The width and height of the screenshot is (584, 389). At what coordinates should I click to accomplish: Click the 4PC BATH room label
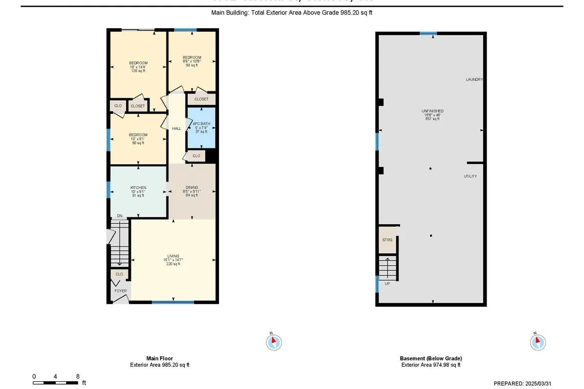coord(201,124)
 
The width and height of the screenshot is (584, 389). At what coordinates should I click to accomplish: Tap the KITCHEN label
coord(138,188)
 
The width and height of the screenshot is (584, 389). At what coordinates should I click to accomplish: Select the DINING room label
coord(191,187)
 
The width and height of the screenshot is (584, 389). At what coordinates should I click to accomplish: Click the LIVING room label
coord(173,256)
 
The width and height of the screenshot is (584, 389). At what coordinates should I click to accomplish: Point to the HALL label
coord(177,128)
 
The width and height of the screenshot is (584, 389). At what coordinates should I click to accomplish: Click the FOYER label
coord(120,291)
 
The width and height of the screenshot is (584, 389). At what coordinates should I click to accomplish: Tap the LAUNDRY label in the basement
coord(474,79)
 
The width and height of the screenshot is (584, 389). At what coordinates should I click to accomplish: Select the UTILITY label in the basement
coord(470,176)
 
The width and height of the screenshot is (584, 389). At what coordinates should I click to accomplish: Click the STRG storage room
coord(387,239)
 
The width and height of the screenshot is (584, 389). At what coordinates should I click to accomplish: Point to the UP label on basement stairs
coord(387,283)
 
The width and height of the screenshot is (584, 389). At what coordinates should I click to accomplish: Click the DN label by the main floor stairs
coord(119,216)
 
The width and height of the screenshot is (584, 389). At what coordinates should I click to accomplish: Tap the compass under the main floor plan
coord(274,341)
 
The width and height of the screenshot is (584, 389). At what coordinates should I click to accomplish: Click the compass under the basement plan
coord(537,341)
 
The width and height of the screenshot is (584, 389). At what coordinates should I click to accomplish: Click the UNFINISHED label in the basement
coord(432,111)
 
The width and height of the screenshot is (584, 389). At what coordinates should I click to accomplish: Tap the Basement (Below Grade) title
coord(431,358)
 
